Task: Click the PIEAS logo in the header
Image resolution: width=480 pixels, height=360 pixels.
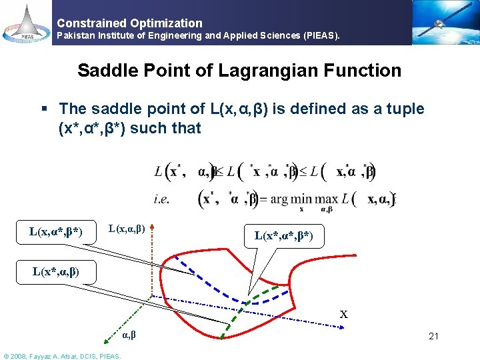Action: click(26, 23)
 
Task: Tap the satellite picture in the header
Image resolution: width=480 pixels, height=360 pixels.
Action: click(445, 22)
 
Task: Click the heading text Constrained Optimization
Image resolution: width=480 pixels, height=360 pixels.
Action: click(129, 23)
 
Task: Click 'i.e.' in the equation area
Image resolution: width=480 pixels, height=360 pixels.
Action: click(163, 198)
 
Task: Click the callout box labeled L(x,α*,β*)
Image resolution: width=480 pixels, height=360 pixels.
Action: click(56, 232)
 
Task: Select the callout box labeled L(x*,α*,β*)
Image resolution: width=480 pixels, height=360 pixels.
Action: click(288, 235)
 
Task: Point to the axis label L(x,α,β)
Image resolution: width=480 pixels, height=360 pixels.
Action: click(127, 229)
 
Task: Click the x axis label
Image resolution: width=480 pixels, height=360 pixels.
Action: click(343, 313)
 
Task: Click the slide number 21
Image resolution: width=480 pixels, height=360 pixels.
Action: click(433, 336)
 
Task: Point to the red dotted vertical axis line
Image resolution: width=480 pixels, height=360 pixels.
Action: click(153, 267)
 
